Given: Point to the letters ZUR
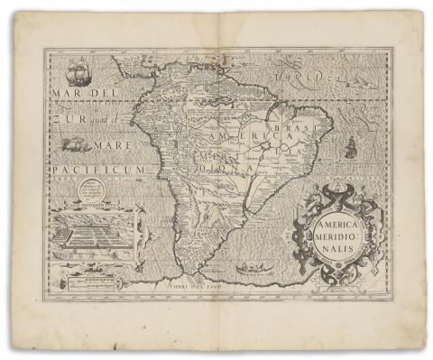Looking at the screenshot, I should click(63, 119).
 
